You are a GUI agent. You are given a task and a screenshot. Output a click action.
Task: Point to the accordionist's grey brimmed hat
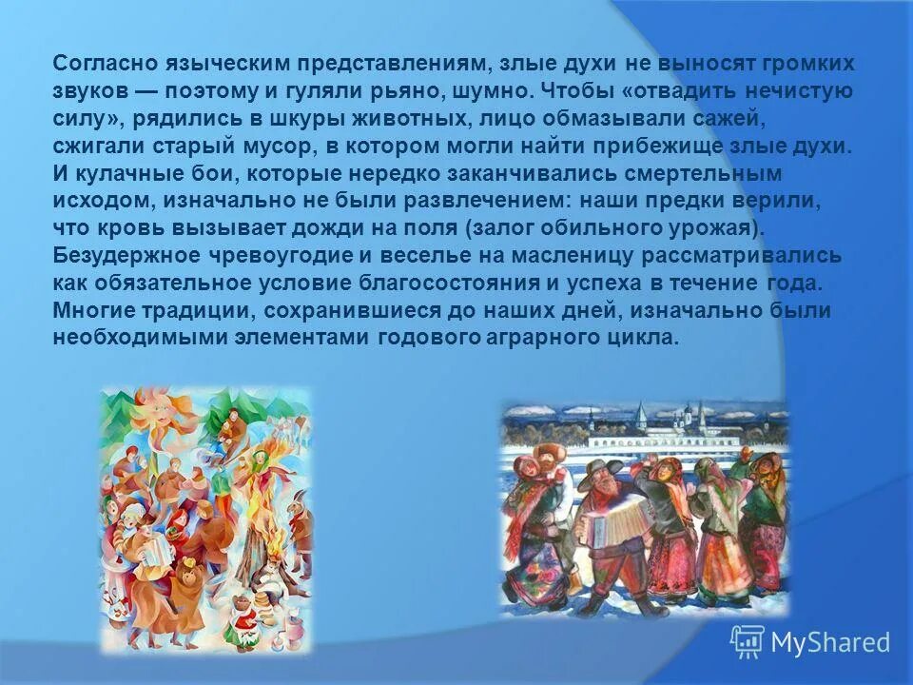[x=602, y=467]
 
